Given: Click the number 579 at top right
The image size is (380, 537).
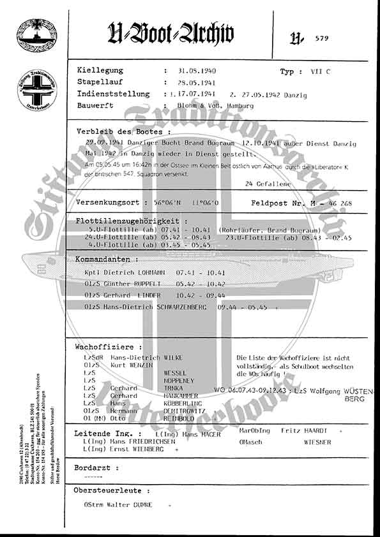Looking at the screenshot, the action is click(323, 38).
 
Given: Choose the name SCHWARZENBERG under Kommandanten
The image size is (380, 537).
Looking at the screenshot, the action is click(185, 307).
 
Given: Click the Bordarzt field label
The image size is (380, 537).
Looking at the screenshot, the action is click(97, 467).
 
